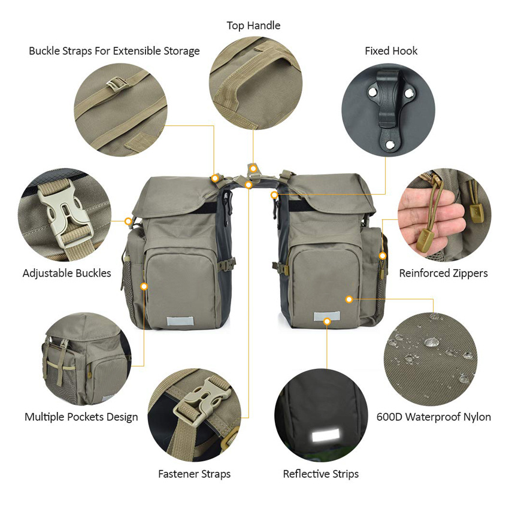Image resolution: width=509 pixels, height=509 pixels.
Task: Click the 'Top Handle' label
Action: (253, 26)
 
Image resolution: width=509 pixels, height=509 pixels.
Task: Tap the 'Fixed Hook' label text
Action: (391, 51)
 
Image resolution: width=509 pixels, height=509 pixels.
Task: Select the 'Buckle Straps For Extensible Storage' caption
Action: (114, 51)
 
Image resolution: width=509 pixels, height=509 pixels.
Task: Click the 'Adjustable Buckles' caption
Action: (67, 273)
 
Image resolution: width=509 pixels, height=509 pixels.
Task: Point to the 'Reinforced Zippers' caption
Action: (443, 273)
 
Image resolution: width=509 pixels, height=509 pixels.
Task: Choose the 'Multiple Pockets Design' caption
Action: (81, 417)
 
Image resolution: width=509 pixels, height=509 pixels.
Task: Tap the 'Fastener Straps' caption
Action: (194, 474)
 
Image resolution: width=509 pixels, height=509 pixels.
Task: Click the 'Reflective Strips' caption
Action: (321, 474)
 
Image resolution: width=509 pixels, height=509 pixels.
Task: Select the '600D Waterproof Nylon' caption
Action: (434, 417)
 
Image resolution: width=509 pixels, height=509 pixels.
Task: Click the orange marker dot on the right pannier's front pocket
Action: (349, 298)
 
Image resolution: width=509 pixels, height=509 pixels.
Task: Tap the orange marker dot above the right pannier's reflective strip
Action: (327, 322)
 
